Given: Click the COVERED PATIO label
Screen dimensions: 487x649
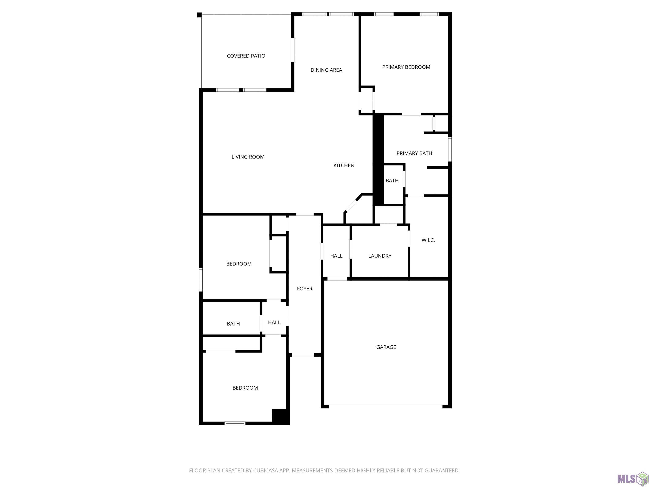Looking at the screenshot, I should [246, 56].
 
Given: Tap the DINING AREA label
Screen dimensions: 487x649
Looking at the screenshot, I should [326, 70].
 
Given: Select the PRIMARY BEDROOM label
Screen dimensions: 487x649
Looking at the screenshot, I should [406, 67].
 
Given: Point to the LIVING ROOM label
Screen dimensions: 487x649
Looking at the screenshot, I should [248, 157].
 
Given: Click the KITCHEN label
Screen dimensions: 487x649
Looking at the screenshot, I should [344, 165].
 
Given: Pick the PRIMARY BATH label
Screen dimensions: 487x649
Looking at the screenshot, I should [414, 153].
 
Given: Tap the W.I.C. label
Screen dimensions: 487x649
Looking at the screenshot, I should [428, 240].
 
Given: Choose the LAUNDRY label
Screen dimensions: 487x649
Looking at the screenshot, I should [380, 256].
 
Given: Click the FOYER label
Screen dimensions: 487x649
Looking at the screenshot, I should [305, 289].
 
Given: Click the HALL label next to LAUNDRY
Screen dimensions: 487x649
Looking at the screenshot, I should [336, 256].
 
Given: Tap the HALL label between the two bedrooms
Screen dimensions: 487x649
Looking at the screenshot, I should [274, 322].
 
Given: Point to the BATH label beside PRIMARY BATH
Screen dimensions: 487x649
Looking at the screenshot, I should [392, 180].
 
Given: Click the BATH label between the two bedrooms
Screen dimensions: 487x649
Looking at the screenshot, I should [233, 323].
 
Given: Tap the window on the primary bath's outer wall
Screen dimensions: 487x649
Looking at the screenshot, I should [450, 149].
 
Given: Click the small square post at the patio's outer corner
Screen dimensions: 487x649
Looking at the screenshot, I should [199, 15].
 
